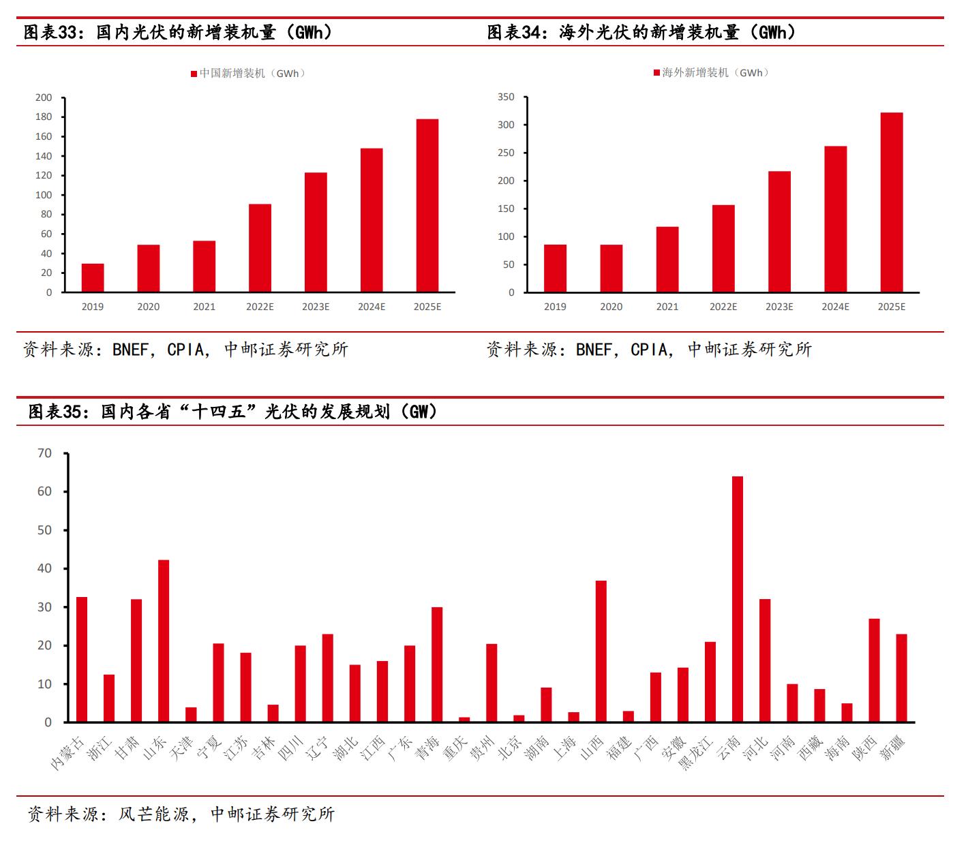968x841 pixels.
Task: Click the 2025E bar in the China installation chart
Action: tap(427, 206)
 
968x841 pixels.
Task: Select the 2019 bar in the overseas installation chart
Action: tap(555, 269)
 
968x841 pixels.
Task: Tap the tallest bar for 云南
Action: tap(738, 599)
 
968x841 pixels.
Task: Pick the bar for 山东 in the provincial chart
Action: tap(164, 641)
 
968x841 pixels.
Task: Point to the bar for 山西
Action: tap(601, 651)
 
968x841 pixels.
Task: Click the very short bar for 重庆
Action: tap(464, 719)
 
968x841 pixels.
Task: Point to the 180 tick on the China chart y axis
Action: tap(44, 117)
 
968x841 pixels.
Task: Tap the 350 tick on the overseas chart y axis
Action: tap(506, 97)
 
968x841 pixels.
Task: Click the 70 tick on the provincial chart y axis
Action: tap(45, 453)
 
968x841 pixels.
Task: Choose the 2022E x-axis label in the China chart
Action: tap(260, 307)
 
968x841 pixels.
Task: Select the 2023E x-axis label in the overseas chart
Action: tap(779, 307)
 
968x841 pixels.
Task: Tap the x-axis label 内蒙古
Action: tap(68, 752)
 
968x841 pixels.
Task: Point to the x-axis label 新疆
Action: tap(893, 748)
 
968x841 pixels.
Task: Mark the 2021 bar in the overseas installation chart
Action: tap(667, 260)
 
